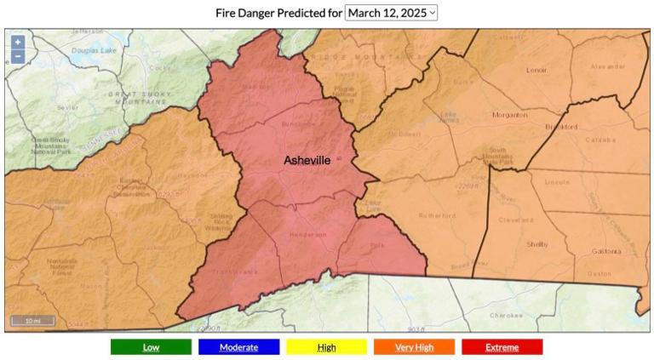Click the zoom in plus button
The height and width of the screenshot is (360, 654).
coord(18,42)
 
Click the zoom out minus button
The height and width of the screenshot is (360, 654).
coord(18,57)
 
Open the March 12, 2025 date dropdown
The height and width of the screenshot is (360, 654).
coord(391,13)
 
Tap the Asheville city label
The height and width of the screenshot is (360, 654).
coord(307,160)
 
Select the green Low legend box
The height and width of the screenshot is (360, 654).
coord(151,347)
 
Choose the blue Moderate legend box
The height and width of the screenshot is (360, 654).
coord(238,347)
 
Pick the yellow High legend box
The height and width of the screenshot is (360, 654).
coord(326,347)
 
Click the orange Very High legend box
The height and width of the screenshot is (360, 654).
coord(414,347)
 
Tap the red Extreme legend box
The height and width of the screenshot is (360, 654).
coord(502,347)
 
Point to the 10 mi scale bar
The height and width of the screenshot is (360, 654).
coord(32,321)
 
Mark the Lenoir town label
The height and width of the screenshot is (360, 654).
coord(536,70)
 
